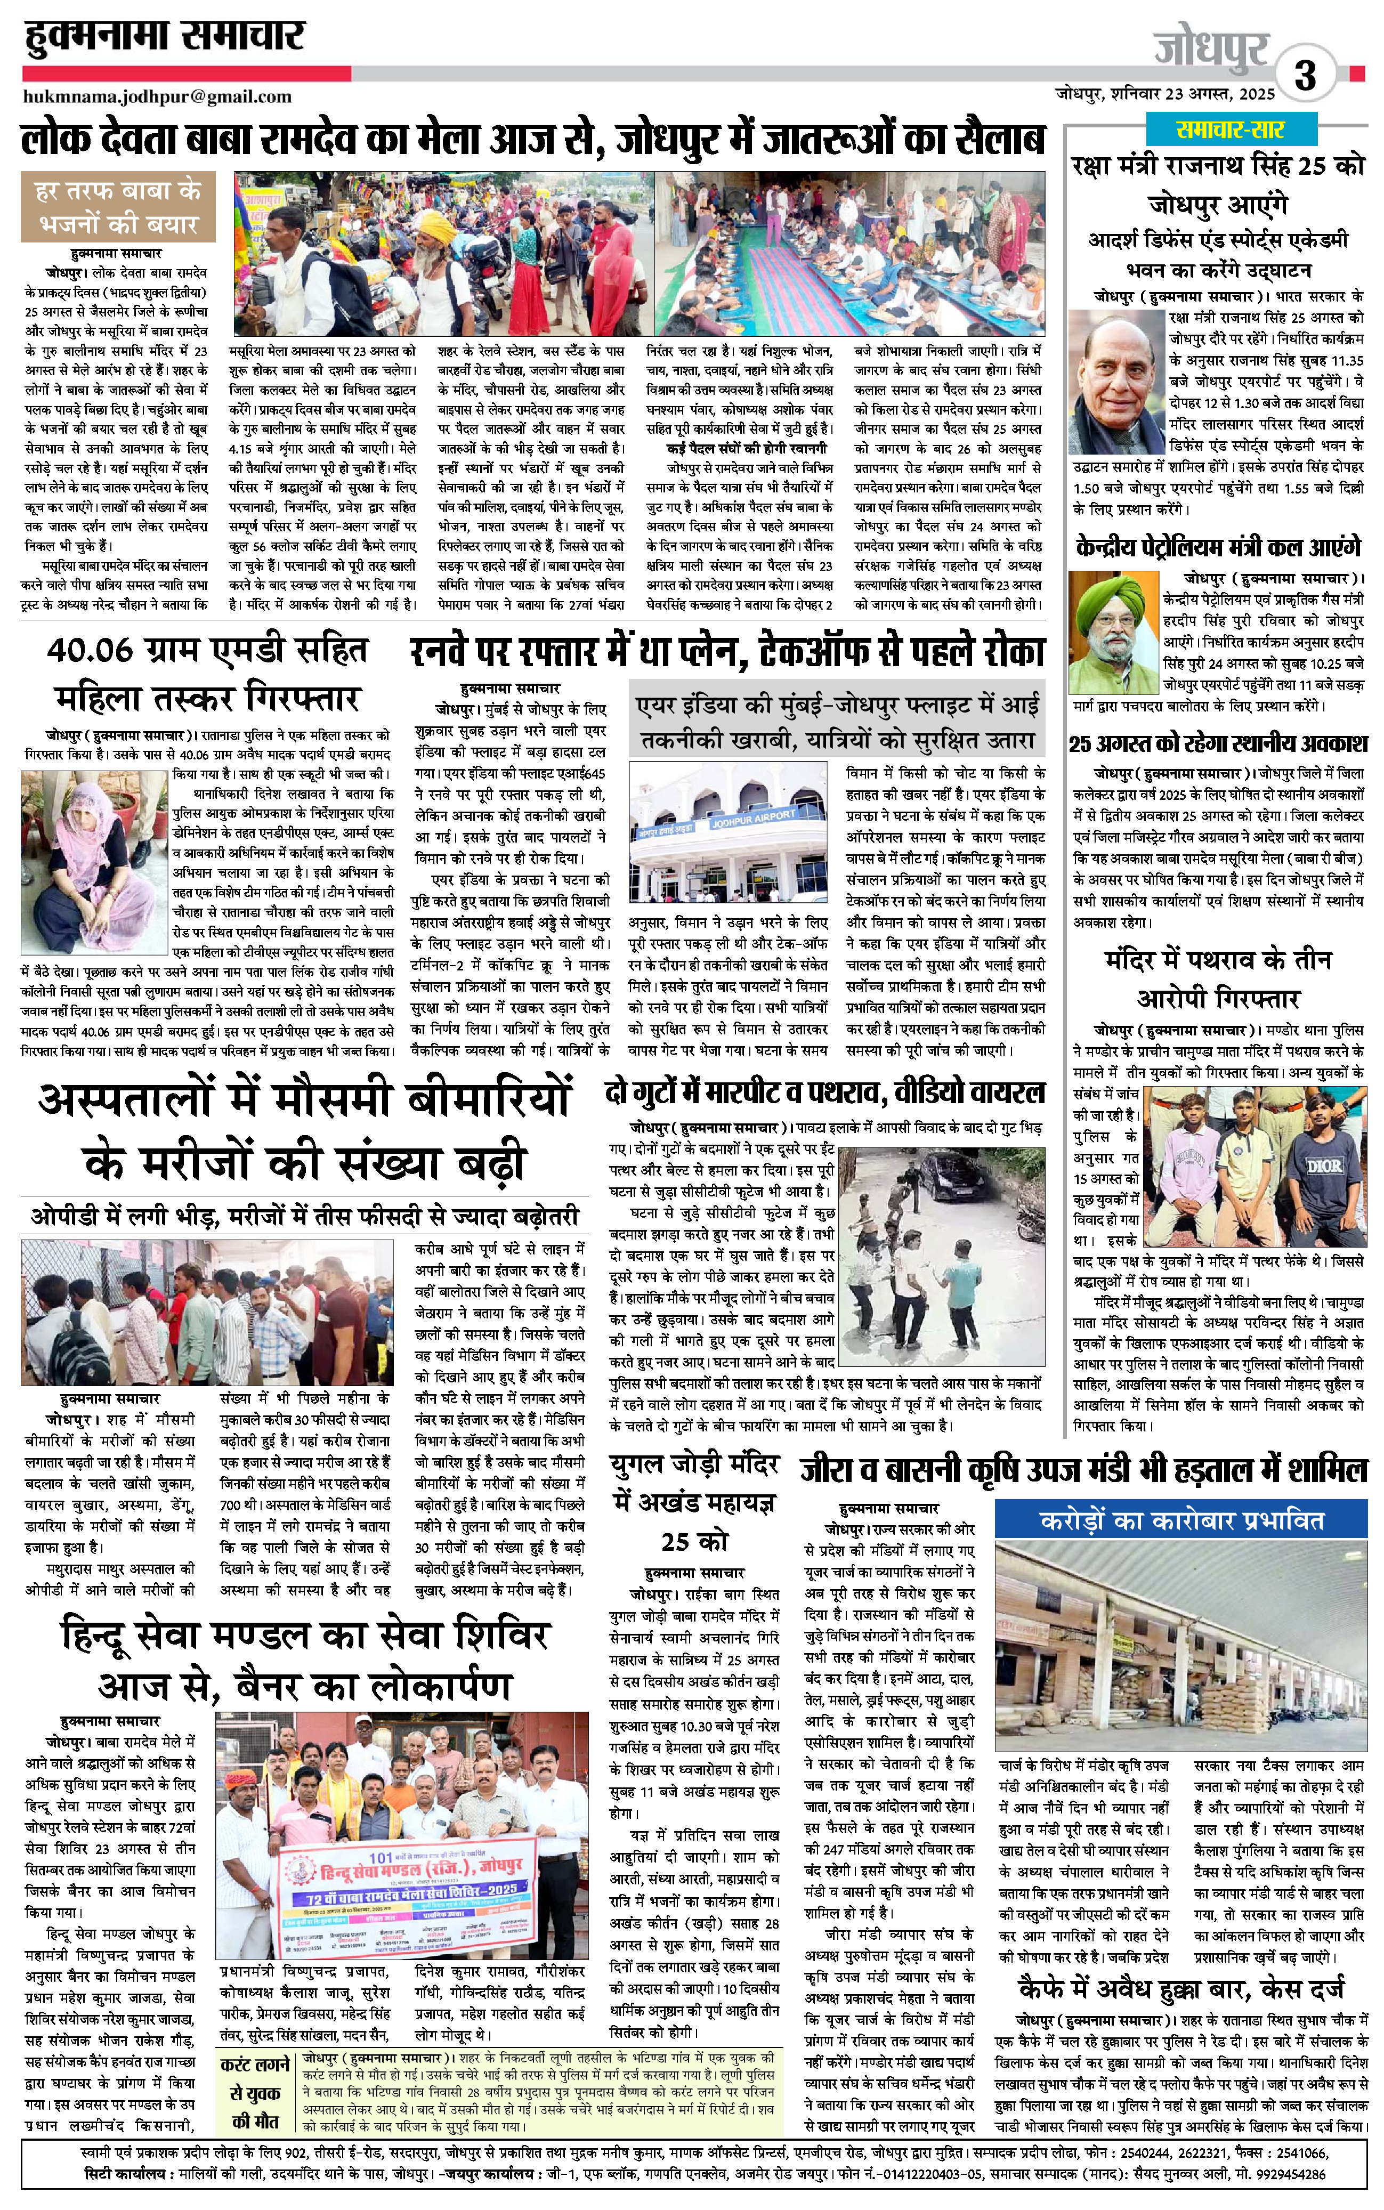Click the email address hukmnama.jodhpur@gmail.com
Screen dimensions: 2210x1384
[157, 96]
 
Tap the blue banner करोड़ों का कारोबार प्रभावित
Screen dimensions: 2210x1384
[1181, 1521]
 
